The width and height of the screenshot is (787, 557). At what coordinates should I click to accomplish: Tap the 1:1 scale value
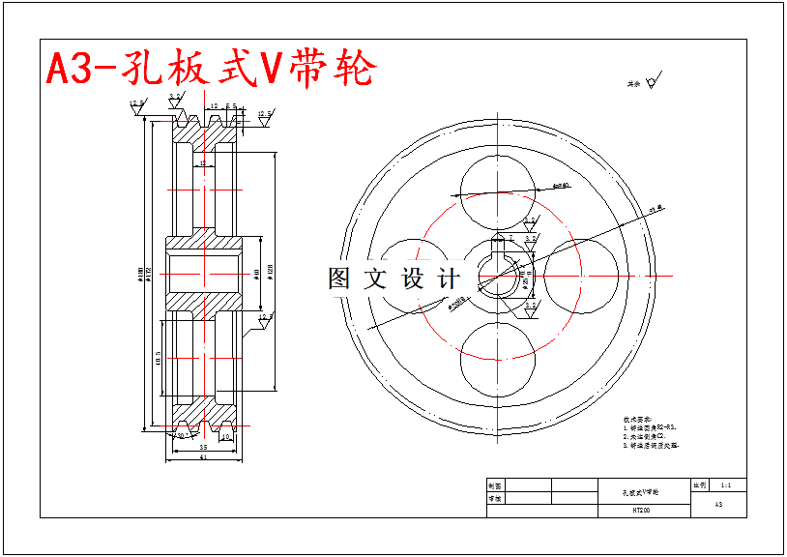726,484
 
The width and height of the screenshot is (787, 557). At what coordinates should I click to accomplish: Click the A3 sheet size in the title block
718,504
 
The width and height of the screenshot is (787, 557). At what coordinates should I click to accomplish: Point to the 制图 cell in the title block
495,485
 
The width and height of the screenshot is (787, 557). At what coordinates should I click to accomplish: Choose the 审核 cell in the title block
495,499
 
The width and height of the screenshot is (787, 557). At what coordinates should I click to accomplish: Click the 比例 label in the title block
700,484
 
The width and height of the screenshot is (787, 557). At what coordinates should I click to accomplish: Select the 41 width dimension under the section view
203,457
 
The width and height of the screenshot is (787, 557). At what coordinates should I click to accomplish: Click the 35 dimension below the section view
203,448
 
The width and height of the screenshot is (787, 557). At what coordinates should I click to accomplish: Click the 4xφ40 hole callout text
561,185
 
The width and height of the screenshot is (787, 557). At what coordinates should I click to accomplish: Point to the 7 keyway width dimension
510,236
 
